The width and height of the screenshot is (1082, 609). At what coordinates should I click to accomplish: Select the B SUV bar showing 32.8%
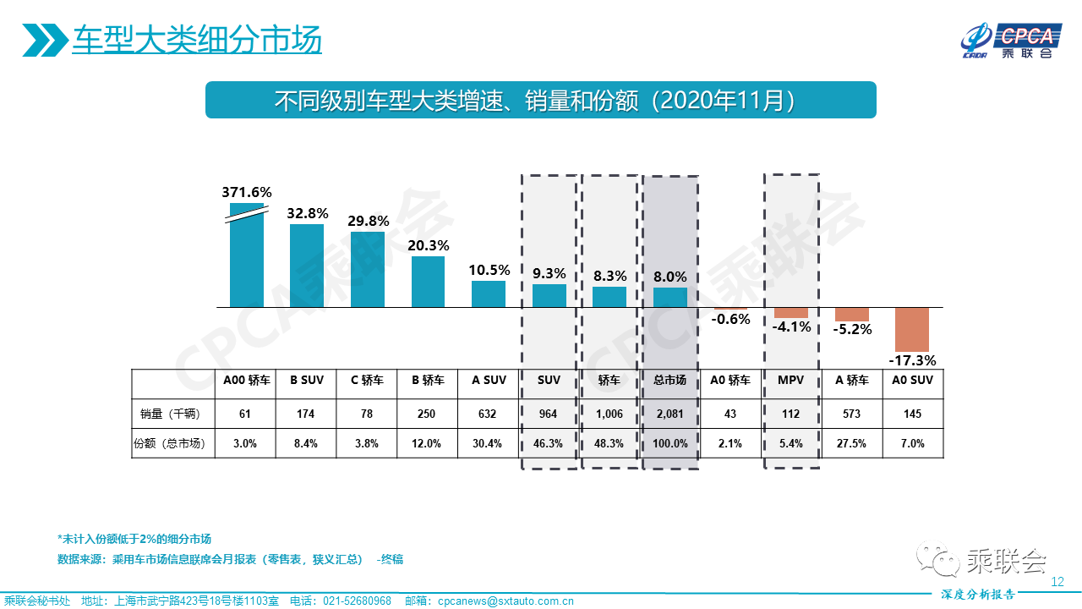point(307,266)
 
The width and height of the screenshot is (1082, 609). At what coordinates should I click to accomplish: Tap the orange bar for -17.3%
point(912,329)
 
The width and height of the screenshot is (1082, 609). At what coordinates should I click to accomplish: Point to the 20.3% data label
point(428,245)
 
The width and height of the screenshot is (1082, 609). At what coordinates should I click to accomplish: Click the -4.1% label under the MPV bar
point(792,326)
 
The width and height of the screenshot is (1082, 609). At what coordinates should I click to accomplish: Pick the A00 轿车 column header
point(247,381)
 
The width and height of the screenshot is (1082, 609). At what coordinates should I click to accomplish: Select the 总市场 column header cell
point(670,381)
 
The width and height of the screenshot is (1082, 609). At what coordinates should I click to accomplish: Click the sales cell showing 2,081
point(670,414)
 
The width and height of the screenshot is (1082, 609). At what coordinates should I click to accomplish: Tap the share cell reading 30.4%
point(489,443)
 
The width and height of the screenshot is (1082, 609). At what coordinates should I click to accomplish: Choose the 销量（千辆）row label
point(173,414)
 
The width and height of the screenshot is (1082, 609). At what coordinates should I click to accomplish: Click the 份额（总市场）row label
point(173,443)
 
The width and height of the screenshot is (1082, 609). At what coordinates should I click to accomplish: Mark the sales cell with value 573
point(852,414)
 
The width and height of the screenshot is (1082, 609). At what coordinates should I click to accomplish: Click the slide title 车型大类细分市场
point(197,40)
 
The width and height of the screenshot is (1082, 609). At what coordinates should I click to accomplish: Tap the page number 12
point(1057,582)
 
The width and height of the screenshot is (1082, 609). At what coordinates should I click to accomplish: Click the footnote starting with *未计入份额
point(134,539)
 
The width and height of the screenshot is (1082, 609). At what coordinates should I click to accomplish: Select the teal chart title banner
point(541,100)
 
